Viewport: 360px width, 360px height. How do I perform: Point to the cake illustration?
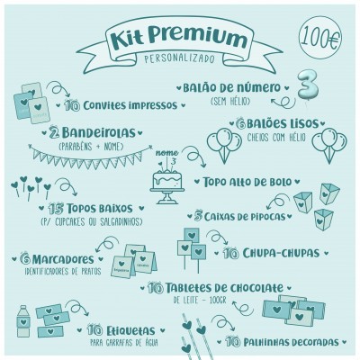(167, 180)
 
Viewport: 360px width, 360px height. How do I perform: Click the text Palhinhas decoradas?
(289, 343)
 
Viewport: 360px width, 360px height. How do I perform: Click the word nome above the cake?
(162, 153)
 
